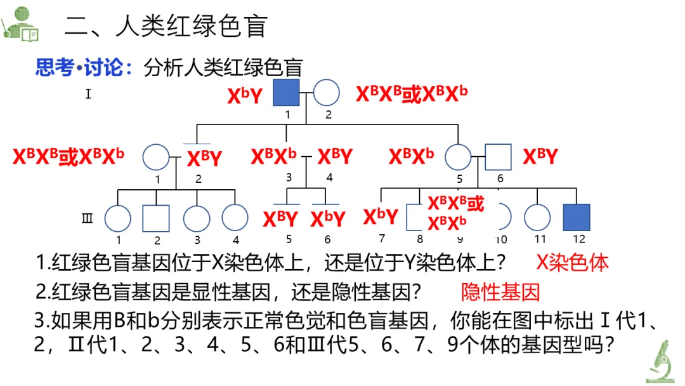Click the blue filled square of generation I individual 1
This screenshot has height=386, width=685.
pyautogui.click(x=286, y=93)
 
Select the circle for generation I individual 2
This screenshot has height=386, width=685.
pyautogui.click(x=327, y=93)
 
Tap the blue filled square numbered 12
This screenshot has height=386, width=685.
pyautogui.click(x=577, y=217)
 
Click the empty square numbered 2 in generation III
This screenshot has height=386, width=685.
pyautogui.click(x=156, y=218)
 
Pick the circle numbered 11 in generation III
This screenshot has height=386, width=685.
pyautogui.click(x=538, y=217)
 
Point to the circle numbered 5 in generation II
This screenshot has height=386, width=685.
pyautogui.click(x=459, y=157)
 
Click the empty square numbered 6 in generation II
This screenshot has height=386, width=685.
pyautogui.click(x=499, y=157)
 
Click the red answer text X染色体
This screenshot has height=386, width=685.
pyautogui.click(x=572, y=263)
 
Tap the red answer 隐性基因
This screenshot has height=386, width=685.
pyautogui.click(x=500, y=292)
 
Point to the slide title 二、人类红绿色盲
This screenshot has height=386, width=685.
pyautogui.click(x=166, y=27)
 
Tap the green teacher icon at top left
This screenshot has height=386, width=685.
pyautogui.click(x=20, y=23)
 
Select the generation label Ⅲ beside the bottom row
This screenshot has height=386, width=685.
pyautogui.click(x=88, y=219)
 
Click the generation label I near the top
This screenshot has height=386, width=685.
pyautogui.click(x=88, y=95)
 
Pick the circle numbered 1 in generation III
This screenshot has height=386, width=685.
pyautogui.click(x=117, y=218)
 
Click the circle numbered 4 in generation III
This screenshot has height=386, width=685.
pyautogui.click(x=235, y=218)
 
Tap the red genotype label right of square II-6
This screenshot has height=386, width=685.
pyautogui.click(x=540, y=157)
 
